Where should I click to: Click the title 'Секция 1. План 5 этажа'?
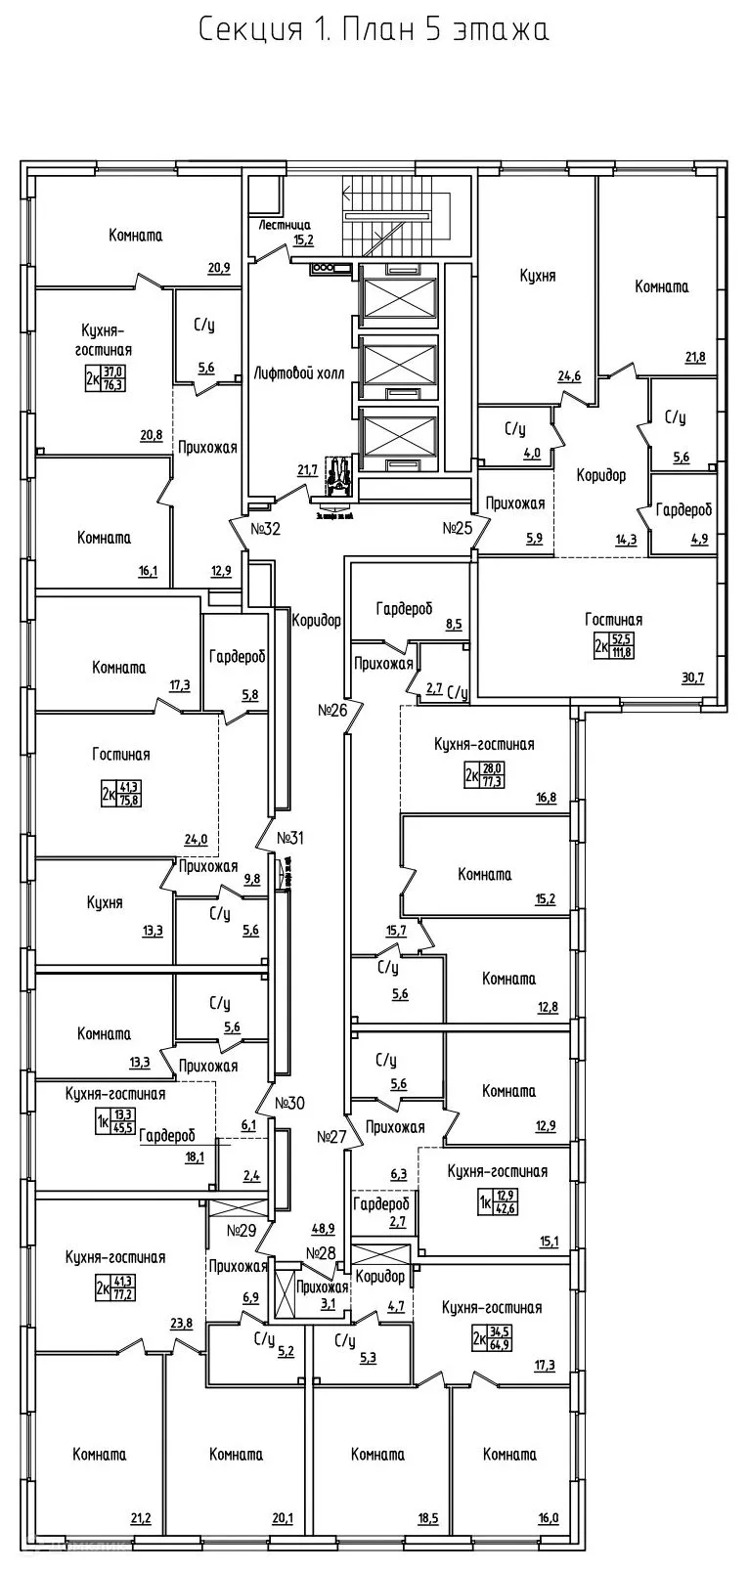click(374, 29)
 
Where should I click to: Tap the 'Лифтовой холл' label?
click(299, 372)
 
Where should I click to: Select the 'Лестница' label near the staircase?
click(285, 225)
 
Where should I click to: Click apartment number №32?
click(266, 529)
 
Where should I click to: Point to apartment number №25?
click(458, 529)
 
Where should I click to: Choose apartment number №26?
click(333, 710)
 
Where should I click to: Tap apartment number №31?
click(290, 838)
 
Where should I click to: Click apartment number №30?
click(290, 1103)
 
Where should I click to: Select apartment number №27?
click(332, 1137)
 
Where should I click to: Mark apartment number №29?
click(242, 1230)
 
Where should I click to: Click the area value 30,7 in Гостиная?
click(692, 677)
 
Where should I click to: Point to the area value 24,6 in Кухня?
click(569, 375)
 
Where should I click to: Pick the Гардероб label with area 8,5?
click(404, 608)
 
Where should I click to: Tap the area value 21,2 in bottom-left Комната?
click(141, 1518)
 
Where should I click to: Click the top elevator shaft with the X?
click(400, 290)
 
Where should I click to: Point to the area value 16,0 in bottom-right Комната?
click(548, 1518)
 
